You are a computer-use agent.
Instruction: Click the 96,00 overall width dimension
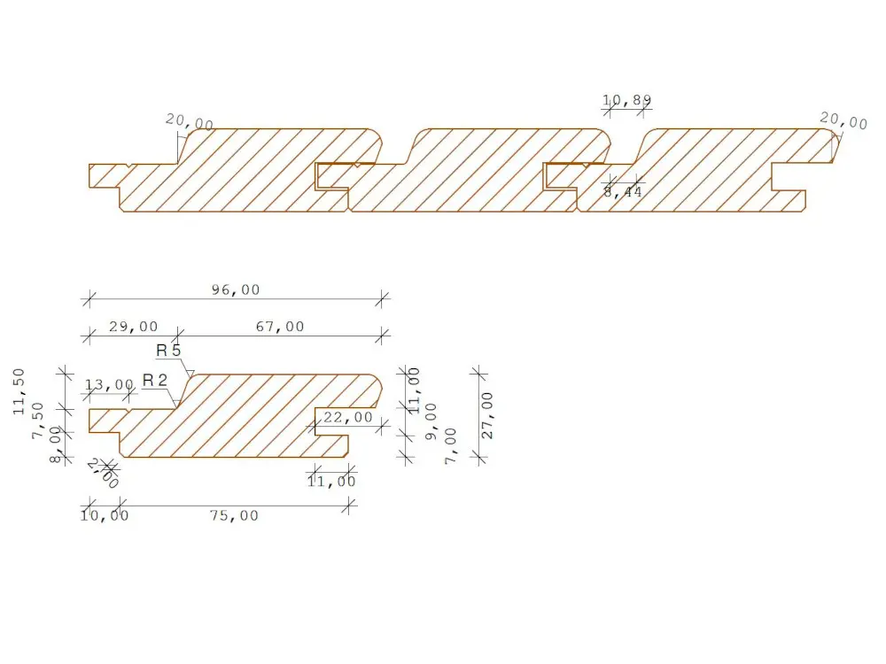click(235, 290)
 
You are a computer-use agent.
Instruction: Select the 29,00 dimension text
click(133, 327)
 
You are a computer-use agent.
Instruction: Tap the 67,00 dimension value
click(279, 327)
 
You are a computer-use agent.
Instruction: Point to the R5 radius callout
click(168, 351)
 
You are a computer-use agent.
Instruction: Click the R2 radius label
click(155, 380)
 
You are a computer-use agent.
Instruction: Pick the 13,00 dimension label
click(109, 384)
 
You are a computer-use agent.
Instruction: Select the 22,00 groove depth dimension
click(348, 417)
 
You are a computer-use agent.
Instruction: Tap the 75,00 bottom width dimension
click(234, 515)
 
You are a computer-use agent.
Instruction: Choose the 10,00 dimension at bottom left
click(105, 515)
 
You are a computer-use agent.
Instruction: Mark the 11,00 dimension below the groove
click(331, 482)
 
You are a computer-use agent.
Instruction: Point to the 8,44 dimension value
click(623, 191)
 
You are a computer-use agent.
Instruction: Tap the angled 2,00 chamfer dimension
click(104, 474)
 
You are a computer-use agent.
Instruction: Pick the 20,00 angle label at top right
click(843, 120)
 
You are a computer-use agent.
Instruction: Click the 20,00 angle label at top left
click(190, 123)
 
